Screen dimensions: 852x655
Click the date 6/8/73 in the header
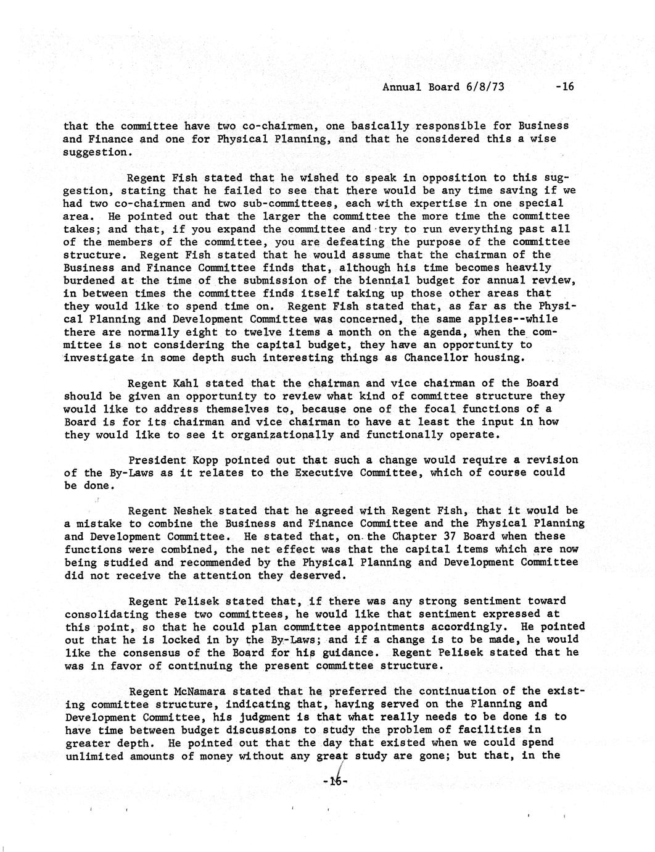coord(484,86)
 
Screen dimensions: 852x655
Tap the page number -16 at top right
coord(564,86)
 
